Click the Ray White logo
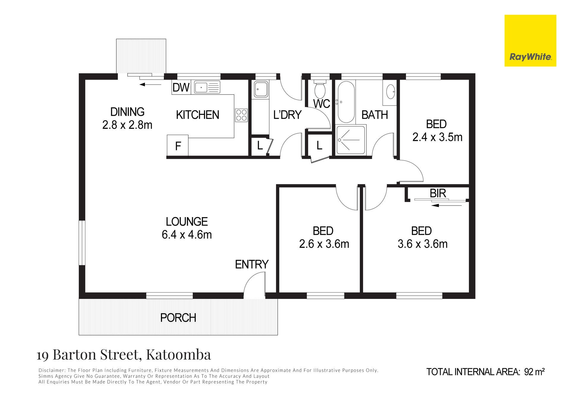[x=530, y=41]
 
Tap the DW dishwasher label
[x=181, y=88]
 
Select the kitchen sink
[x=207, y=87]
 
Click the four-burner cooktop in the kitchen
[x=241, y=115]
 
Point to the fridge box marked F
[x=178, y=145]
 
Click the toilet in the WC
[x=320, y=89]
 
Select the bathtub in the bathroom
[x=346, y=102]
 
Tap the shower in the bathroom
[x=351, y=140]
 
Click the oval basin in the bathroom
[x=390, y=92]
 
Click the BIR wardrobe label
[x=438, y=193]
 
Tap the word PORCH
[x=178, y=318]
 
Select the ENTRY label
[x=252, y=264]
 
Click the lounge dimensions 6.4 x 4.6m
[x=187, y=235]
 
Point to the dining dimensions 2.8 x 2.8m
[x=127, y=125]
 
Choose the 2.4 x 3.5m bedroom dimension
[x=437, y=137]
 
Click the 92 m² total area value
[x=534, y=372]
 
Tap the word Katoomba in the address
[x=178, y=354]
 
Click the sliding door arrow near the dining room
[x=150, y=84]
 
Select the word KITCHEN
[x=197, y=115]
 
